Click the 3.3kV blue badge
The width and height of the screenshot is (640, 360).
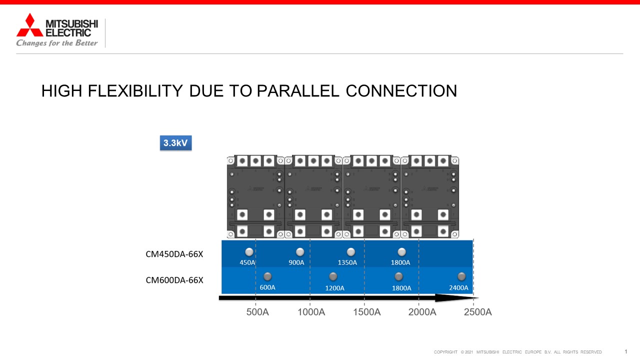tap(175, 143)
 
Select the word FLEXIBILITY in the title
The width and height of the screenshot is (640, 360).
tap(135, 91)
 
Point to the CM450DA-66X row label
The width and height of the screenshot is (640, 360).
tap(174, 254)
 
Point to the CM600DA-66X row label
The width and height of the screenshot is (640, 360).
tap(174, 280)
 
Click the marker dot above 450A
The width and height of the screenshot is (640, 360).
tap(249, 252)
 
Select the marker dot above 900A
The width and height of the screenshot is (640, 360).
tap(300, 252)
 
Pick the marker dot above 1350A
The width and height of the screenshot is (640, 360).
tap(351, 252)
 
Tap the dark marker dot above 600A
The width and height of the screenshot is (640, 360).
tap(267, 276)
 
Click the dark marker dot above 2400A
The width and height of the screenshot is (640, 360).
tap(461, 276)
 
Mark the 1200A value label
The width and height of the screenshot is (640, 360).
tap(334, 288)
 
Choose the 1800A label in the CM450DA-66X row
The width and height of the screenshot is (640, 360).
tap(400, 262)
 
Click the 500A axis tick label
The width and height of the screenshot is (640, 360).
tap(257, 312)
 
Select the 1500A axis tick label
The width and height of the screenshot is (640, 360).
tap(367, 312)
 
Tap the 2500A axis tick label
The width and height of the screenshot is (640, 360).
tap(477, 312)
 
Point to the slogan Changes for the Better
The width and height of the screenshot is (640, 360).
tap(57, 43)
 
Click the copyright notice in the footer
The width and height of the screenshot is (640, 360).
tap(517, 352)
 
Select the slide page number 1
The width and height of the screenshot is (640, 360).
tap(625, 351)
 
